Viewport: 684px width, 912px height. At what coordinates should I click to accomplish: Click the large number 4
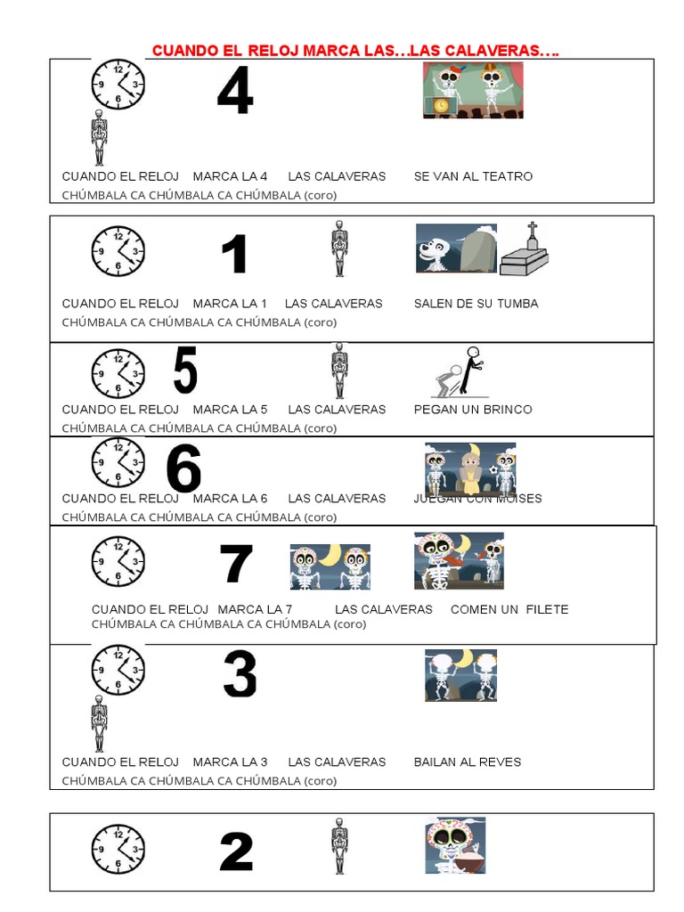click(x=235, y=92)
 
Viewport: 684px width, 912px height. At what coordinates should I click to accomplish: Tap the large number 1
click(x=234, y=254)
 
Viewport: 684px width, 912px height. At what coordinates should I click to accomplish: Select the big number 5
click(x=184, y=370)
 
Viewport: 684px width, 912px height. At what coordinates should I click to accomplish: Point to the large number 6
click(x=183, y=468)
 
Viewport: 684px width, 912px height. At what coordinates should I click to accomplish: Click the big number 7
click(x=236, y=564)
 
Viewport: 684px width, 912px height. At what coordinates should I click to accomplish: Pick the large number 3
click(x=239, y=674)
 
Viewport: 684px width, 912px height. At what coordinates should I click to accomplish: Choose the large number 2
click(x=236, y=852)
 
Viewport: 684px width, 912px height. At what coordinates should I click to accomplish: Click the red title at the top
click(x=355, y=51)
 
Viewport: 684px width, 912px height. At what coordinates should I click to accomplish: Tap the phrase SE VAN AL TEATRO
click(x=473, y=176)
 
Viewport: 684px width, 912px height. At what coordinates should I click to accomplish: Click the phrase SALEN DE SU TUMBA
click(x=476, y=304)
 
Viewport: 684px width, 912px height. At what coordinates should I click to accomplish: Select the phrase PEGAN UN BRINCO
click(x=473, y=410)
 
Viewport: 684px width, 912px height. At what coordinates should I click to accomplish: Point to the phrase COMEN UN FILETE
click(x=509, y=609)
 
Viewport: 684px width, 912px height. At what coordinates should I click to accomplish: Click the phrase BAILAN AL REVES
click(x=467, y=762)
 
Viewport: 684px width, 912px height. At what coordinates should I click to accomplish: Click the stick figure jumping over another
click(x=458, y=372)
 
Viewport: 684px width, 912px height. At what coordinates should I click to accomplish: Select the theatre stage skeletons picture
click(x=473, y=90)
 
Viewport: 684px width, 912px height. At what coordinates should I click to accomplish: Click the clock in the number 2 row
click(x=118, y=849)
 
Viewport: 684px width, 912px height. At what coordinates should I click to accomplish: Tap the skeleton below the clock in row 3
click(x=99, y=723)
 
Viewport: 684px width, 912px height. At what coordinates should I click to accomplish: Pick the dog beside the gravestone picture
click(x=438, y=248)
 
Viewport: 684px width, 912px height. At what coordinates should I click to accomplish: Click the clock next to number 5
click(x=118, y=373)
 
